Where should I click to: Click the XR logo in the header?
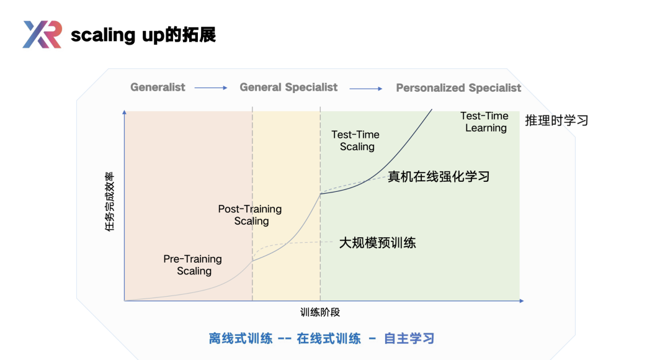pyautogui.click(x=42, y=34)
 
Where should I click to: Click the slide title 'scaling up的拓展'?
pyautogui.click(x=143, y=35)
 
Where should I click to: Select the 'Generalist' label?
pyautogui.click(x=158, y=88)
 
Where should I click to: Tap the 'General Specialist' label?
pyautogui.click(x=288, y=88)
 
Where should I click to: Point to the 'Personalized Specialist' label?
pyautogui.click(x=458, y=88)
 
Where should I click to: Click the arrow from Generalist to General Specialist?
pyautogui.click(x=211, y=88)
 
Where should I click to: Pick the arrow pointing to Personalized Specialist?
pyautogui.click(x=366, y=89)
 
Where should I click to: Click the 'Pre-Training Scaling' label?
pyautogui.click(x=193, y=265)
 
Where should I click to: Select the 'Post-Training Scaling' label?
pyautogui.click(x=250, y=215)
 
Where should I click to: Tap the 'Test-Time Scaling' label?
pyautogui.click(x=355, y=141)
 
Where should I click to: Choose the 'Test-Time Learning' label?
pyautogui.click(x=485, y=122)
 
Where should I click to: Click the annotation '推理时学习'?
pyautogui.click(x=556, y=120)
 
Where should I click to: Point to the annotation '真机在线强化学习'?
pyautogui.click(x=439, y=176)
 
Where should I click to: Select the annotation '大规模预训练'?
pyautogui.click(x=377, y=243)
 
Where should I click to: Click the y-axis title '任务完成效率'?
pyautogui.click(x=110, y=202)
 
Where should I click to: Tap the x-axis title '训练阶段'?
pyautogui.click(x=320, y=313)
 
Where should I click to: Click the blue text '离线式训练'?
pyautogui.click(x=241, y=339)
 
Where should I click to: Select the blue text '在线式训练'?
pyautogui.click(x=329, y=339)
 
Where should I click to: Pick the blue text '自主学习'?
pyautogui.click(x=409, y=339)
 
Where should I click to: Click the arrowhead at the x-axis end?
pyautogui.click(x=522, y=301)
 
